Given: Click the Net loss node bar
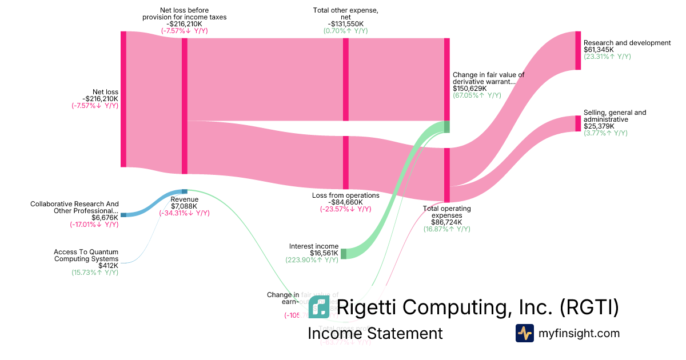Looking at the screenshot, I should pos(123,99).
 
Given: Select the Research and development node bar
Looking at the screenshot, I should pos(578,51).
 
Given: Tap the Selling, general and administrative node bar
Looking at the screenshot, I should pos(578,123).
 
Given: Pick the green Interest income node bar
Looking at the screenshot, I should pos(344,254).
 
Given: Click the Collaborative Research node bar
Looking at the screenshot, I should pos(123,215).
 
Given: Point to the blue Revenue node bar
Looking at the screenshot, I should pos(184,191).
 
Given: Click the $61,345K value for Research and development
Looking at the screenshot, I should pos(599,50).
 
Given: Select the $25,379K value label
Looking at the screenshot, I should pos(599,126).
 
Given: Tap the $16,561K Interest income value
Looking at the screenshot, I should pos(324,253).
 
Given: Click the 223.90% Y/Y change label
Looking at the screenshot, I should pos(312,260).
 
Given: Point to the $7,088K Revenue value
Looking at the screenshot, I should pos(184,206).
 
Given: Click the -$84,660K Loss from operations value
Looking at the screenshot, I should pos(345,202).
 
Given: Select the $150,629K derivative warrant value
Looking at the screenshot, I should pos(469,89).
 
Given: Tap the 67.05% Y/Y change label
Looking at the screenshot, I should pos(477,95).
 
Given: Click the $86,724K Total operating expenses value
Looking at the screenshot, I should pos(446,222).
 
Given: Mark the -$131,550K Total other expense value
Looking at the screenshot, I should pos(345,23).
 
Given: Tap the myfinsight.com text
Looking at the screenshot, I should pos(579,333).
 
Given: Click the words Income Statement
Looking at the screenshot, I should pos(375,334).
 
